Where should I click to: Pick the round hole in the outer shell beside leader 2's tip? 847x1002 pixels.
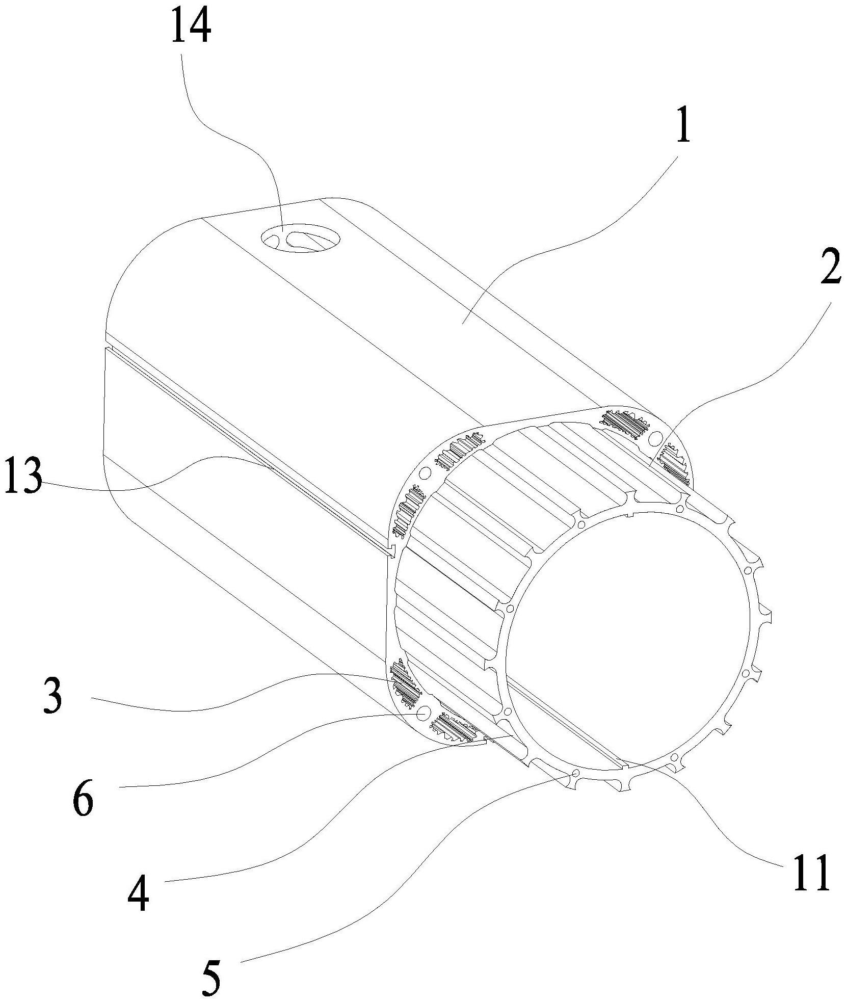[656, 437]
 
